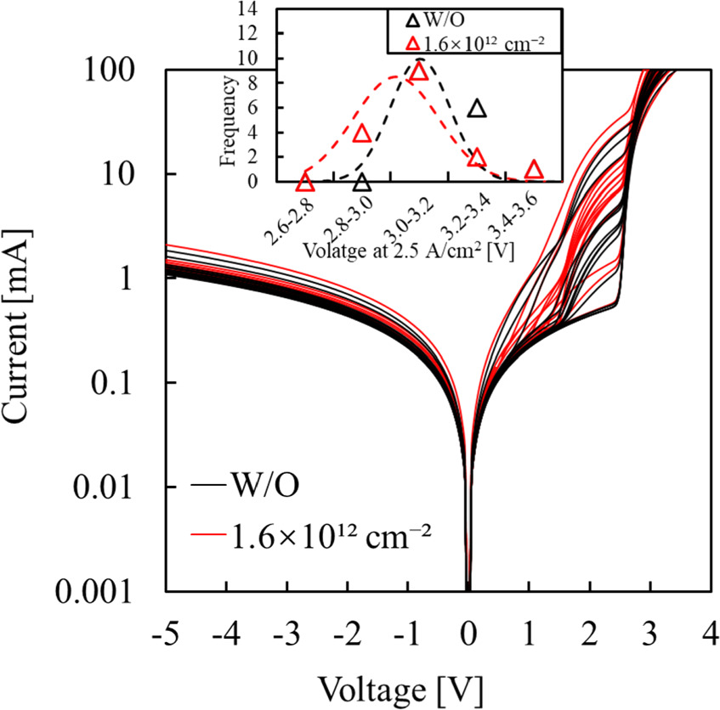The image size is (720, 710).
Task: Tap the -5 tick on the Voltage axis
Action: point(167,634)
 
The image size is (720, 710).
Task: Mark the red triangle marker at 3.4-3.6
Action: point(534,171)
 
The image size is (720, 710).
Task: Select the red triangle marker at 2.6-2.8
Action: point(305,183)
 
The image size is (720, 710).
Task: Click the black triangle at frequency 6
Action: point(478,109)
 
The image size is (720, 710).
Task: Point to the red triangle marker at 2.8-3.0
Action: point(361,134)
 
